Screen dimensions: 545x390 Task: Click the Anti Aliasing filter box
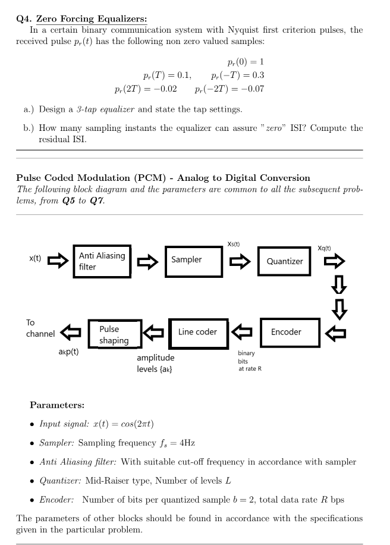(x=102, y=261)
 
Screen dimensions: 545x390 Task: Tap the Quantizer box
(x=285, y=261)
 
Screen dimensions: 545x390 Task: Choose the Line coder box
(x=198, y=332)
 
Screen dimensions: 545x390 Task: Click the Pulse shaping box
(x=115, y=334)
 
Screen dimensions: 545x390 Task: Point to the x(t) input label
(x=35, y=259)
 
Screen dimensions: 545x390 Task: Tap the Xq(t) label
(x=324, y=248)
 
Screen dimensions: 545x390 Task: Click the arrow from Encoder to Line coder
(x=244, y=331)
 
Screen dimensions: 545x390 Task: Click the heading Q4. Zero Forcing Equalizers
(x=81, y=19)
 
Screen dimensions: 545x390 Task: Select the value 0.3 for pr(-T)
(x=258, y=76)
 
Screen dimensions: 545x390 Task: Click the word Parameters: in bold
(x=57, y=405)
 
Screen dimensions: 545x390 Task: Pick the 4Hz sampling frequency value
(x=187, y=443)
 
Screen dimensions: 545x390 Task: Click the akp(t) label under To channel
(x=69, y=351)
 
